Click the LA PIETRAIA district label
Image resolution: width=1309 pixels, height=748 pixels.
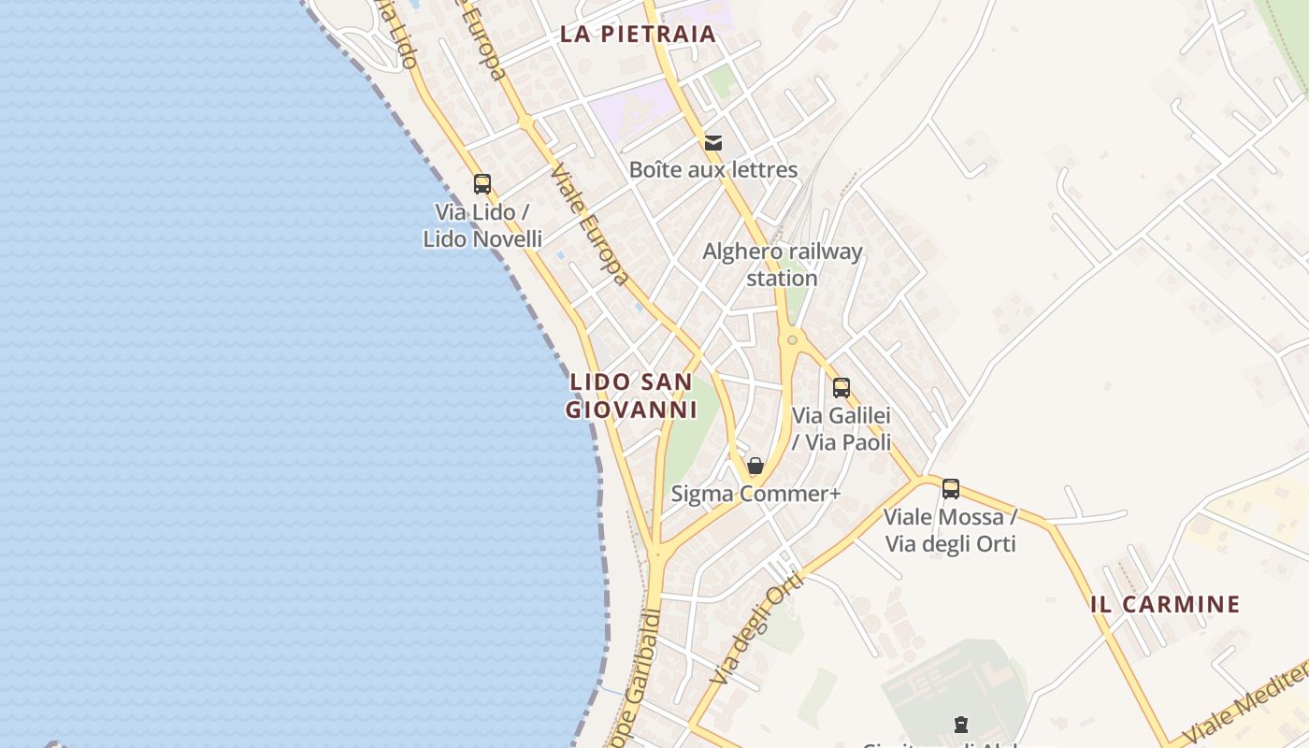[638, 35]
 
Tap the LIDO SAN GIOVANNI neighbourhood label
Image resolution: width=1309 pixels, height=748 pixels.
[632, 396]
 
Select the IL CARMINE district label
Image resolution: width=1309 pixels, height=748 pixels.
[1165, 604]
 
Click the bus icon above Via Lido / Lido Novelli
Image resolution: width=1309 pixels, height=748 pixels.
[482, 184]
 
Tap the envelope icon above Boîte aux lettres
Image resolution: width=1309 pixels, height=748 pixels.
[713, 143]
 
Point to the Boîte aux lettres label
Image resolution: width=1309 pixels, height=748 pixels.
[713, 169]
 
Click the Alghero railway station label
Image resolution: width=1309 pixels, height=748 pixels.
[783, 265]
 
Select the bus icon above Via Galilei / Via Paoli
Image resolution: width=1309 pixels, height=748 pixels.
[841, 387]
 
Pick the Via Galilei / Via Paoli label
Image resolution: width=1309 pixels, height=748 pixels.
[841, 428]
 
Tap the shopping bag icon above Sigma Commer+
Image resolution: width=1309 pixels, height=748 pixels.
[755, 466]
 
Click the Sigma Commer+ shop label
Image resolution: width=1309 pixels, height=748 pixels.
[755, 494]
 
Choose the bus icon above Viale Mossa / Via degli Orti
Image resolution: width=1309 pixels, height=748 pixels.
[951, 488]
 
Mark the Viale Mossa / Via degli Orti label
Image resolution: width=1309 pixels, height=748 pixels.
[950, 530]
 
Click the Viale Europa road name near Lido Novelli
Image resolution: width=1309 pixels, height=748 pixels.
[589, 224]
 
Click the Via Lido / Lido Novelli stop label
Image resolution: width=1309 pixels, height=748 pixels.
[482, 225]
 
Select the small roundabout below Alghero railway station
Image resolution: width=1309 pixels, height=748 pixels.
[792, 339]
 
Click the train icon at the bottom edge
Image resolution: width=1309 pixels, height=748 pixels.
[960, 724]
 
